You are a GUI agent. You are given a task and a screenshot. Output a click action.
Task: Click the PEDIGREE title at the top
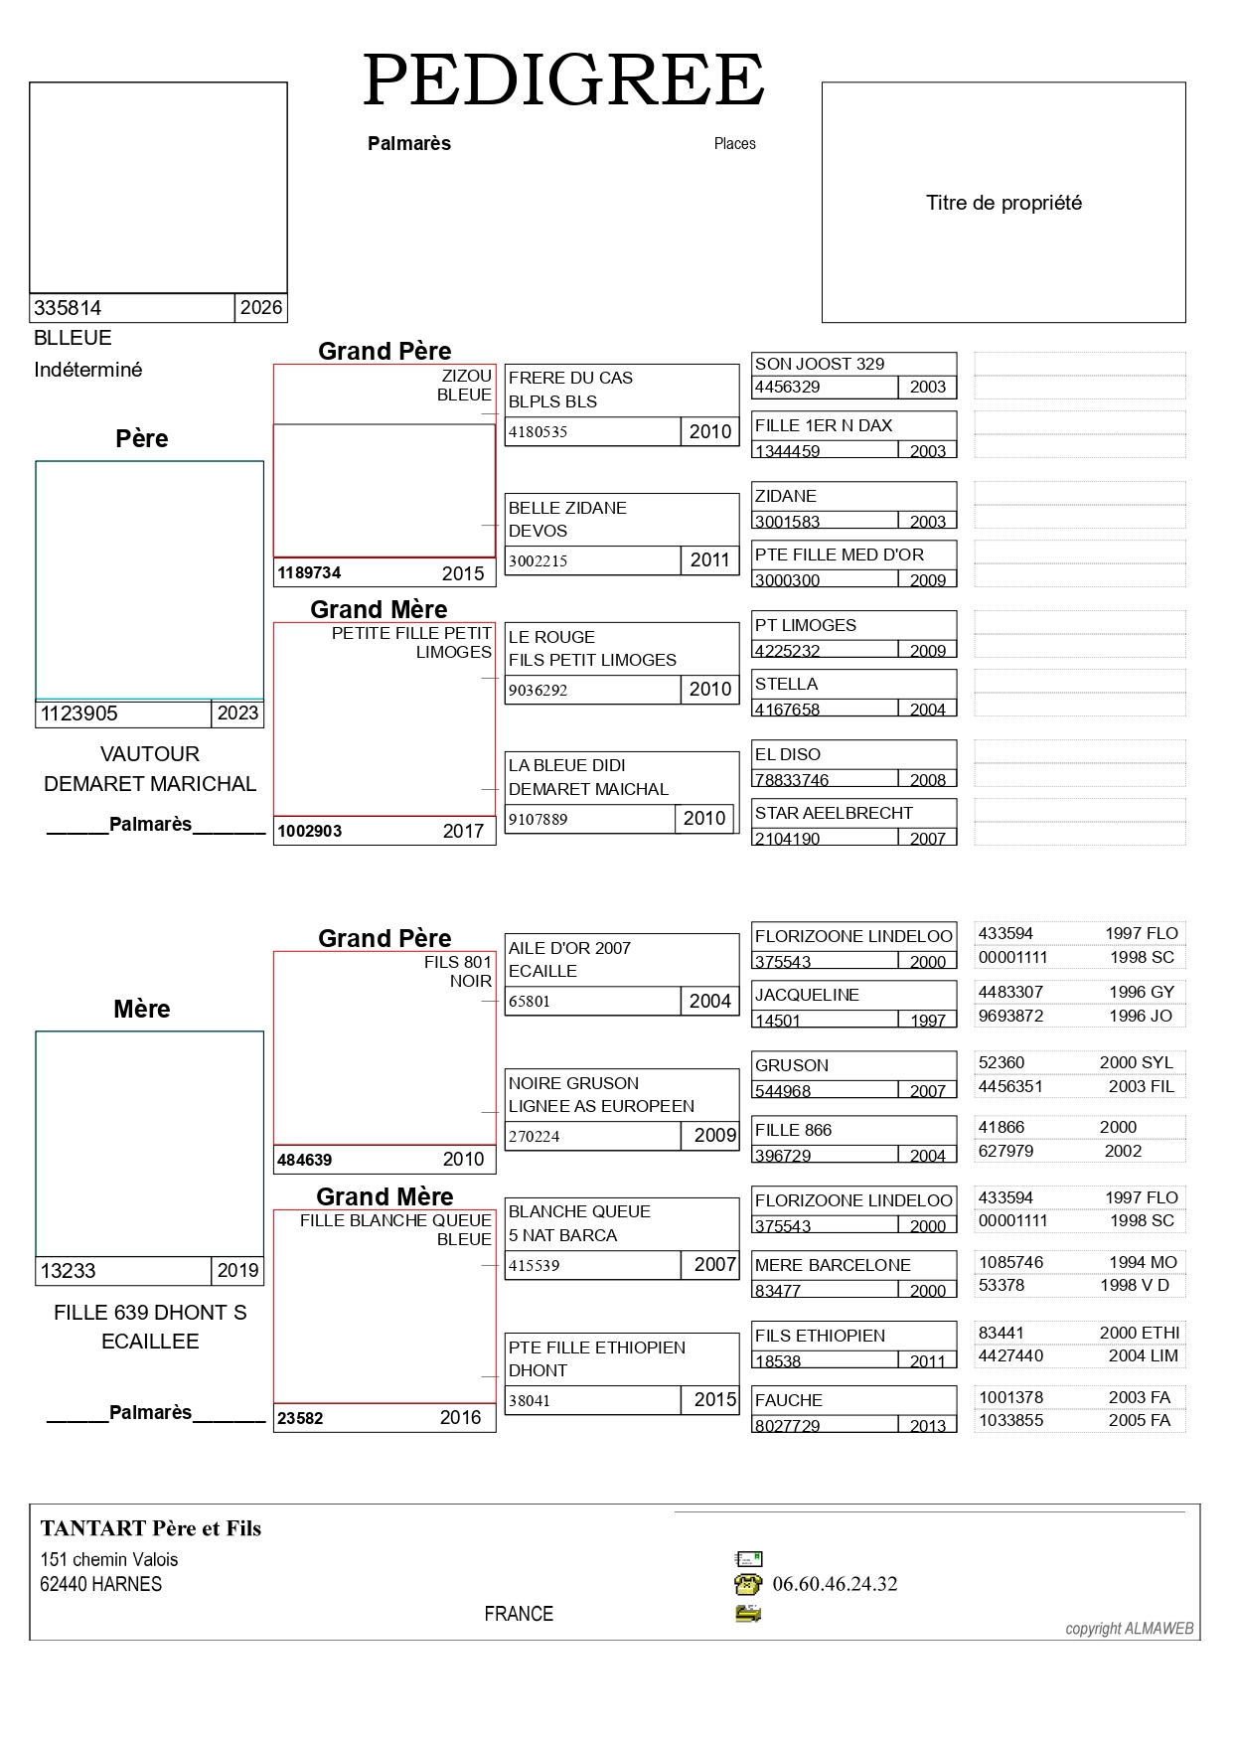(563, 80)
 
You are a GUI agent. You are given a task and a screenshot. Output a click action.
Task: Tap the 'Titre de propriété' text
(1003, 203)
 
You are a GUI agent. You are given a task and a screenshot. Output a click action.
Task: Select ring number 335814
(68, 308)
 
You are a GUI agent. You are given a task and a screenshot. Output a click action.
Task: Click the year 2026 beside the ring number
(261, 307)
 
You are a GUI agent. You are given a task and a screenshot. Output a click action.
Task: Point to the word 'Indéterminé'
(87, 370)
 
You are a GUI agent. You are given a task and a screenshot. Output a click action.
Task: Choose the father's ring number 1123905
(78, 713)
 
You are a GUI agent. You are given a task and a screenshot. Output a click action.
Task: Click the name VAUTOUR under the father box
(150, 754)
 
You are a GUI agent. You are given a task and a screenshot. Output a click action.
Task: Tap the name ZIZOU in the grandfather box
(467, 376)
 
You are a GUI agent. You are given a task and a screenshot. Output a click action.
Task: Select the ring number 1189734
(309, 572)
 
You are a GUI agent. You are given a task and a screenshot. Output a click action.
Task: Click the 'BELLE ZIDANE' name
(567, 508)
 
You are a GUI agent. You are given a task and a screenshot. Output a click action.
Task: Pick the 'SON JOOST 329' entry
(820, 364)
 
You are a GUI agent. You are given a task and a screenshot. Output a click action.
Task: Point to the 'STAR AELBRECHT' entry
(834, 813)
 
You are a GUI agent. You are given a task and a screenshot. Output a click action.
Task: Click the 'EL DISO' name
(788, 754)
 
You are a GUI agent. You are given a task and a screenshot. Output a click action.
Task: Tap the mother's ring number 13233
(68, 1271)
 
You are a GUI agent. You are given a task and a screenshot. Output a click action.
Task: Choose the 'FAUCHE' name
(789, 1400)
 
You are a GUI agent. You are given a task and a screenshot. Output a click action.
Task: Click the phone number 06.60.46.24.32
(835, 1584)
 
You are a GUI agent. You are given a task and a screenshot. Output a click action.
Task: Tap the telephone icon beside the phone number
(748, 1584)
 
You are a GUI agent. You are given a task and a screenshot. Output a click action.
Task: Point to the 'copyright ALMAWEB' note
(1130, 1629)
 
